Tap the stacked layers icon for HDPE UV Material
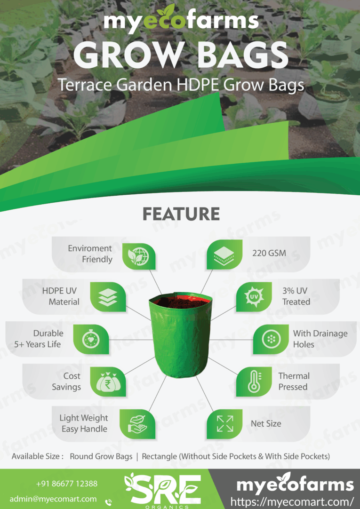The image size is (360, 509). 108,297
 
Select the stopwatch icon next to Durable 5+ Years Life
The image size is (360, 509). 91,339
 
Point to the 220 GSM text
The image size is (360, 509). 266,254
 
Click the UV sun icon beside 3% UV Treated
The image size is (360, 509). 253,297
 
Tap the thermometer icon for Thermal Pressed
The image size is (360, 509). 253,382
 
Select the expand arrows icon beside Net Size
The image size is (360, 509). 224,423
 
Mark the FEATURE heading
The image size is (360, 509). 181,214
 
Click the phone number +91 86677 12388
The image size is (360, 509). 67,484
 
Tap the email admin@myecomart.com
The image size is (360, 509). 53,499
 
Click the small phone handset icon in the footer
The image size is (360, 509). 109,502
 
